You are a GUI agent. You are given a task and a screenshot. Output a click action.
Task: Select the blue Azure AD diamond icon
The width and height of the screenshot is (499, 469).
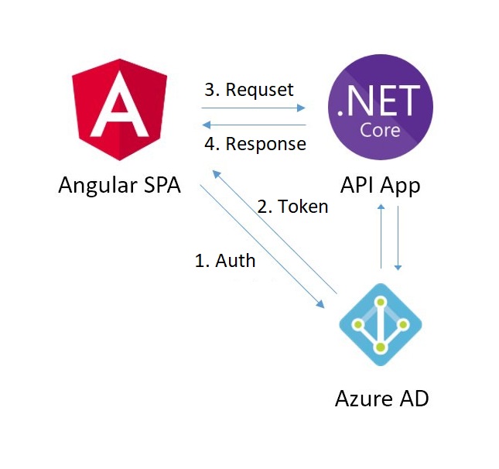pyautogui.click(x=381, y=326)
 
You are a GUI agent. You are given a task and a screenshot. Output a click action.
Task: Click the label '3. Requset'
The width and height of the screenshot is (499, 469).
pyautogui.click(x=248, y=89)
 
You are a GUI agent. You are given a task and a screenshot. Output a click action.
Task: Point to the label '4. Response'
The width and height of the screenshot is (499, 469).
pyautogui.click(x=255, y=144)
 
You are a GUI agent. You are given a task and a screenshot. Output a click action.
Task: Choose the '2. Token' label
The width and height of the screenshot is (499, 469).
pyautogui.click(x=292, y=207)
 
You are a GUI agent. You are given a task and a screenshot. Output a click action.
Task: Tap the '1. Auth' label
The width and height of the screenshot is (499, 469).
pyautogui.click(x=224, y=260)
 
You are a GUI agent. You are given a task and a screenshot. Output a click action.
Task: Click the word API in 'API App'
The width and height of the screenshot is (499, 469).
pyautogui.click(x=357, y=187)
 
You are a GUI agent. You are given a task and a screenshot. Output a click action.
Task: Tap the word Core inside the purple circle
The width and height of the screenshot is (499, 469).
pyautogui.click(x=380, y=129)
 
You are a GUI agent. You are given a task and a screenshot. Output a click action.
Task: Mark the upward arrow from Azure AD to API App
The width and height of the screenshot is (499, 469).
pyautogui.click(x=381, y=236)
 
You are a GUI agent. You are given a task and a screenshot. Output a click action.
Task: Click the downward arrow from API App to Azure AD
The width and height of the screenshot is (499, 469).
pyautogui.click(x=398, y=236)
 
